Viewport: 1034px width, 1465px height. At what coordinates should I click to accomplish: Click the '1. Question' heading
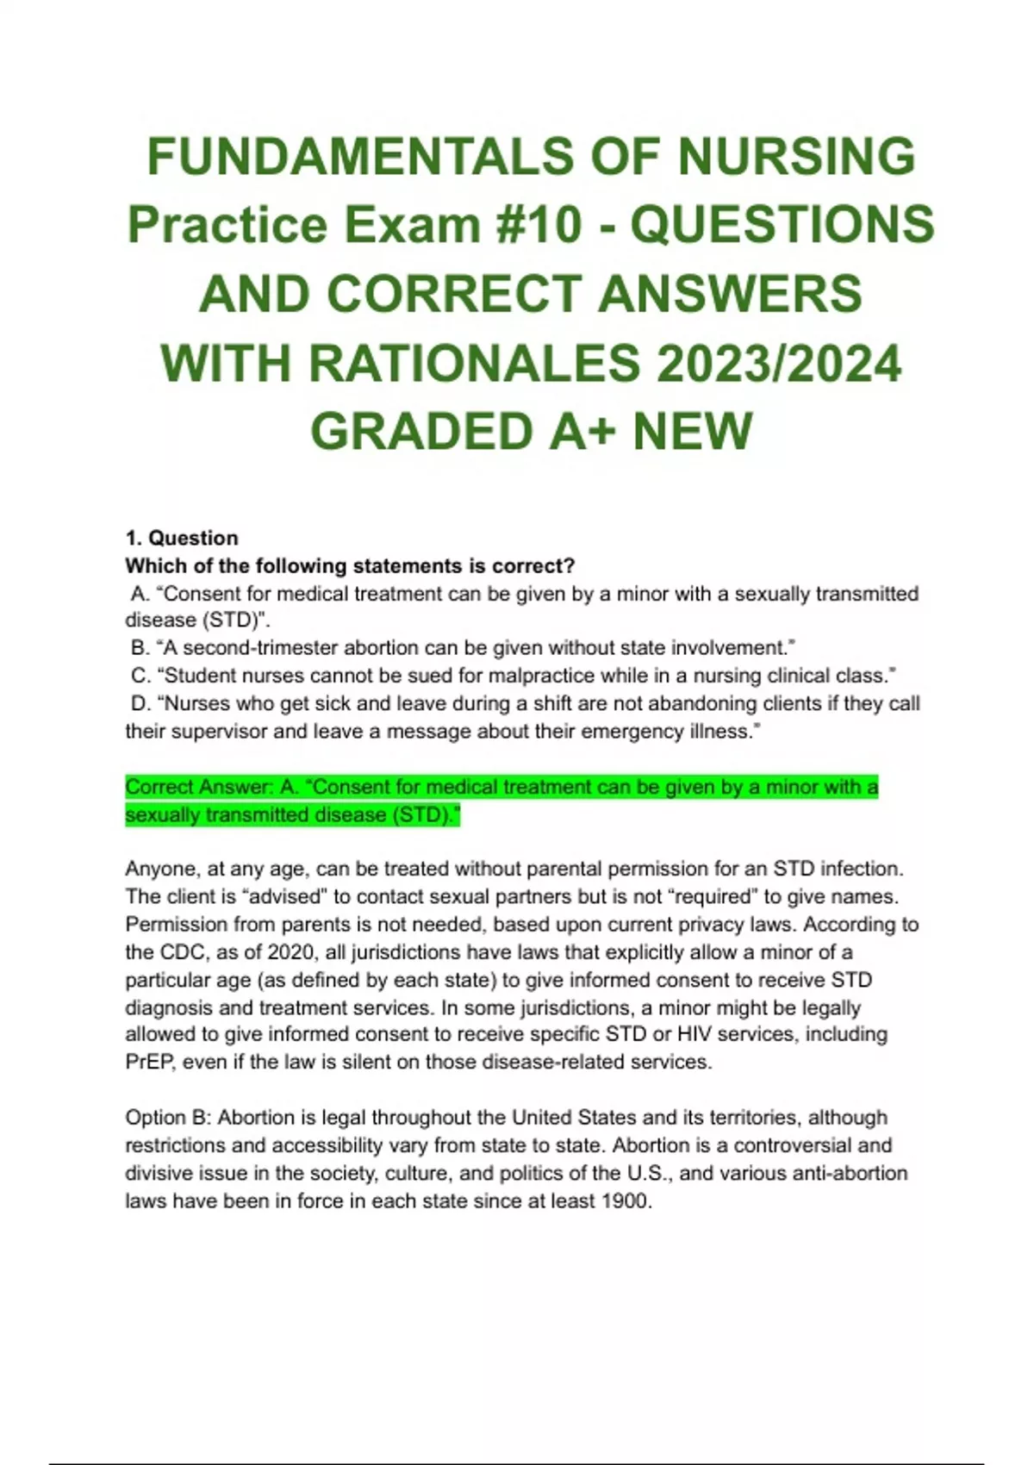point(182,538)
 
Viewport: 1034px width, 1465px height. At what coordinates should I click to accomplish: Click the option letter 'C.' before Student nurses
point(141,676)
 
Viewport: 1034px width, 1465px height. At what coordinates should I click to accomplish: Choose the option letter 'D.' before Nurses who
point(141,703)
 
